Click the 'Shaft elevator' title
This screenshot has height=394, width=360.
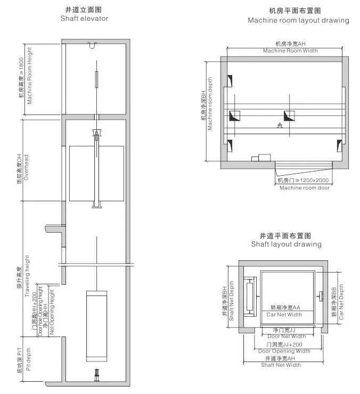pyautogui.click(x=84, y=19)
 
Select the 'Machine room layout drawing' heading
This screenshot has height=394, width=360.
pyautogui.click(x=298, y=20)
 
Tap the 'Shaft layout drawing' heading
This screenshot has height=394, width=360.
pyautogui.click(x=286, y=244)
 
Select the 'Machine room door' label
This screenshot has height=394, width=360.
pyautogui.click(x=304, y=188)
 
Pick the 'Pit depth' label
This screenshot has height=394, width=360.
pyautogui.click(x=28, y=362)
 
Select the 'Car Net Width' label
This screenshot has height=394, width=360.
pyautogui.click(x=284, y=315)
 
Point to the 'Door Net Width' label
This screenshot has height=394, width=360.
pyautogui.click(x=286, y=336)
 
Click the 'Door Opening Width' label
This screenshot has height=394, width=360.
pyautogui.click(x=284, y=351)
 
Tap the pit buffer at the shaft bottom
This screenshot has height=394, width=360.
pyautogui.click(x=96, y=374)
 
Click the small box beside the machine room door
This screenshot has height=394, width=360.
pyautogui.click(x=263, y=158)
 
